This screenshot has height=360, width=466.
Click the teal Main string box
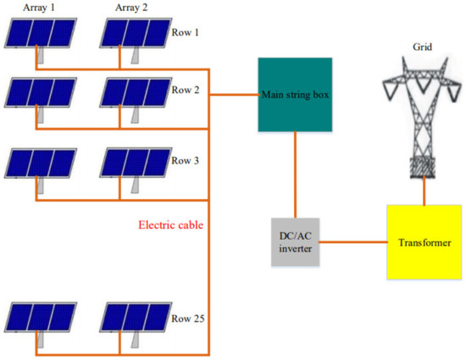point(295,95)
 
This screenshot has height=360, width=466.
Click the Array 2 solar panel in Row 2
point(134,91)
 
